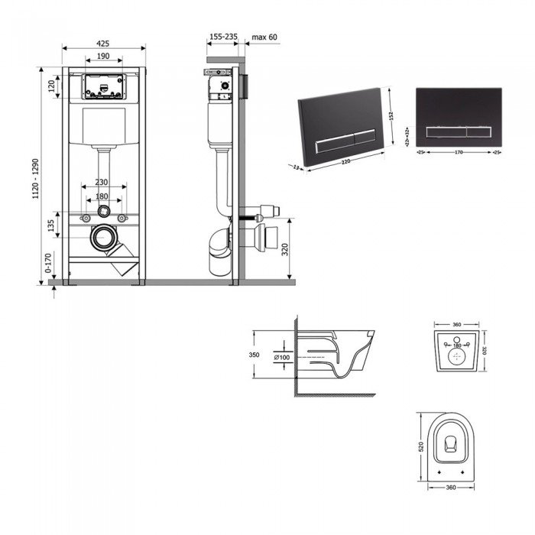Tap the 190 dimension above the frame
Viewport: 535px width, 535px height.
[104, 57]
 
